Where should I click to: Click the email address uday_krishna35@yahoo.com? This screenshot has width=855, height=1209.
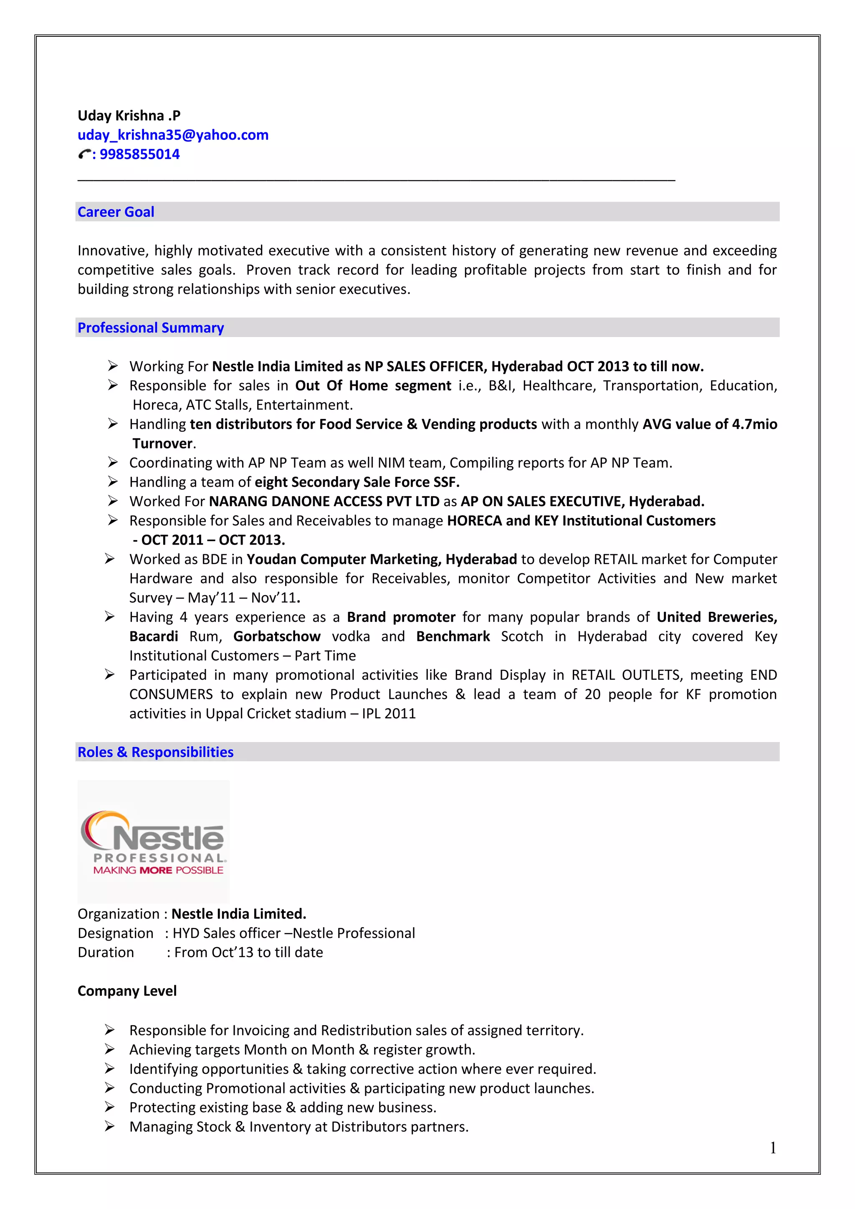[173, 135]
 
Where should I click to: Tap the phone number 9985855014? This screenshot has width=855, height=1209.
[139, 154]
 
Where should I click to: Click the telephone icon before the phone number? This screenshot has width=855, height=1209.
[84, 154]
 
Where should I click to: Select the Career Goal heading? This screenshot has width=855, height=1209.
[116, 212]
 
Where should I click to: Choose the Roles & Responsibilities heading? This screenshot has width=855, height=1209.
[155, 752]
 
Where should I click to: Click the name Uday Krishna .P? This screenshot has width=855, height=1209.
[129, 115]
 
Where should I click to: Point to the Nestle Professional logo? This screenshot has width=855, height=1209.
[153, 841]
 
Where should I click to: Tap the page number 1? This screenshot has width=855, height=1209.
[773, 1148]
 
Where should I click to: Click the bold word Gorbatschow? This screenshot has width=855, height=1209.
[277, 636]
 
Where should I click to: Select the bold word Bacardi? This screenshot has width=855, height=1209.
[154, 636]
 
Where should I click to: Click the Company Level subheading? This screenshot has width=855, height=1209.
[127, 991]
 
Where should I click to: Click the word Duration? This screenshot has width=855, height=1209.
[106, 953]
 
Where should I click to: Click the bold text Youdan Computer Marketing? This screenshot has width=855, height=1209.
[343, 559]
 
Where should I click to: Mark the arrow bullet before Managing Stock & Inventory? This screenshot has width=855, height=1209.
[109, 1126]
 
